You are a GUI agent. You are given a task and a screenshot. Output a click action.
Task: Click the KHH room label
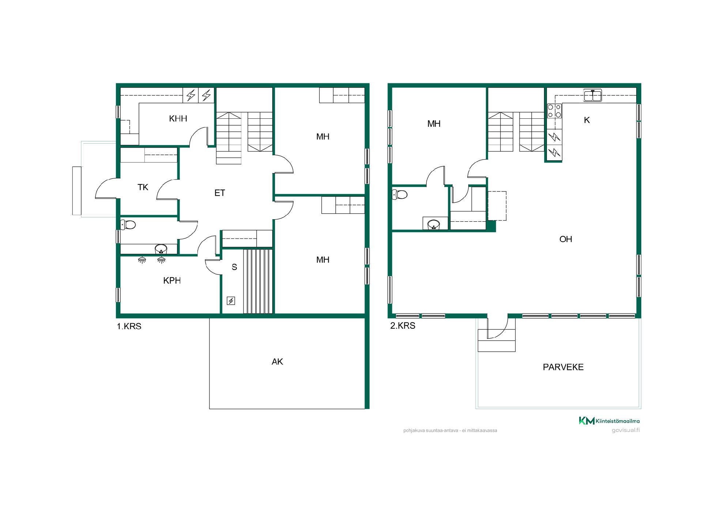[x=178, y=118]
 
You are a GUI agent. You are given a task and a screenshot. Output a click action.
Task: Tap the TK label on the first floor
[x=143, y=187]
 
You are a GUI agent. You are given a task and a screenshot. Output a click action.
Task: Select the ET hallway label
[x=220, y=193]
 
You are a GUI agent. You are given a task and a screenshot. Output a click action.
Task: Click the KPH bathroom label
[x=172, y=281]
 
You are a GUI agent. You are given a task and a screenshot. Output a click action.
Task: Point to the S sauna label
[x=234, y=267]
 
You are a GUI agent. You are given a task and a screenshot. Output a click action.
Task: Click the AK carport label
[x=277, y=362]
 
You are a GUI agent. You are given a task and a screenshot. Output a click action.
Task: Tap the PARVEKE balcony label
[x=563, y=367]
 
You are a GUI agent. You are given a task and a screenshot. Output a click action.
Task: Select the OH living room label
[x=566, y=239]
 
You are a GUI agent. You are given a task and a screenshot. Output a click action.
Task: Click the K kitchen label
[x=587, y=120]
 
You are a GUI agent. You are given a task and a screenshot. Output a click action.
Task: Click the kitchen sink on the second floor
[x=593, y=95]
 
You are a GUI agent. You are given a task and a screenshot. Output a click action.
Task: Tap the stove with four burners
[x=554, y=111]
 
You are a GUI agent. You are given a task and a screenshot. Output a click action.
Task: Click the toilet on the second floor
[x=399, y=194]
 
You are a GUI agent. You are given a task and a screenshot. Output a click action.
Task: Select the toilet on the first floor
[x=128, y=224]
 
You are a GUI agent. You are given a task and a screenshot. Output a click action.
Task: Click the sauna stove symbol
[x=231, y=301]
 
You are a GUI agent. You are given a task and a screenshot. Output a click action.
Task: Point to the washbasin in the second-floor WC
[x=434, y=224]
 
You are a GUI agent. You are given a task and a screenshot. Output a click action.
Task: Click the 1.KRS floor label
[x=129, y=327]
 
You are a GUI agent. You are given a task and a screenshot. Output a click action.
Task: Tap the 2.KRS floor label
[x=403, y=326]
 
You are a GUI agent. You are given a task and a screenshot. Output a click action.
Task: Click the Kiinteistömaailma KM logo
[x=609, y=421]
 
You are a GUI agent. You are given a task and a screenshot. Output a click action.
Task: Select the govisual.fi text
[x=626, y=430]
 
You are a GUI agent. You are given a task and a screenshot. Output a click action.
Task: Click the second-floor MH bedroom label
[x=434, y=124]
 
